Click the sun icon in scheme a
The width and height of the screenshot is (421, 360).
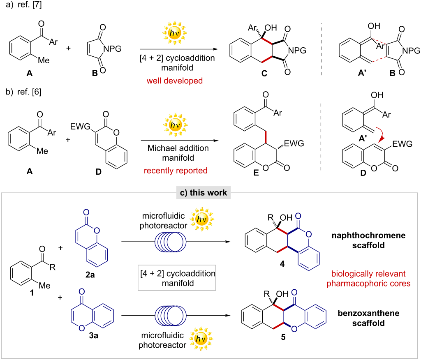173,32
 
